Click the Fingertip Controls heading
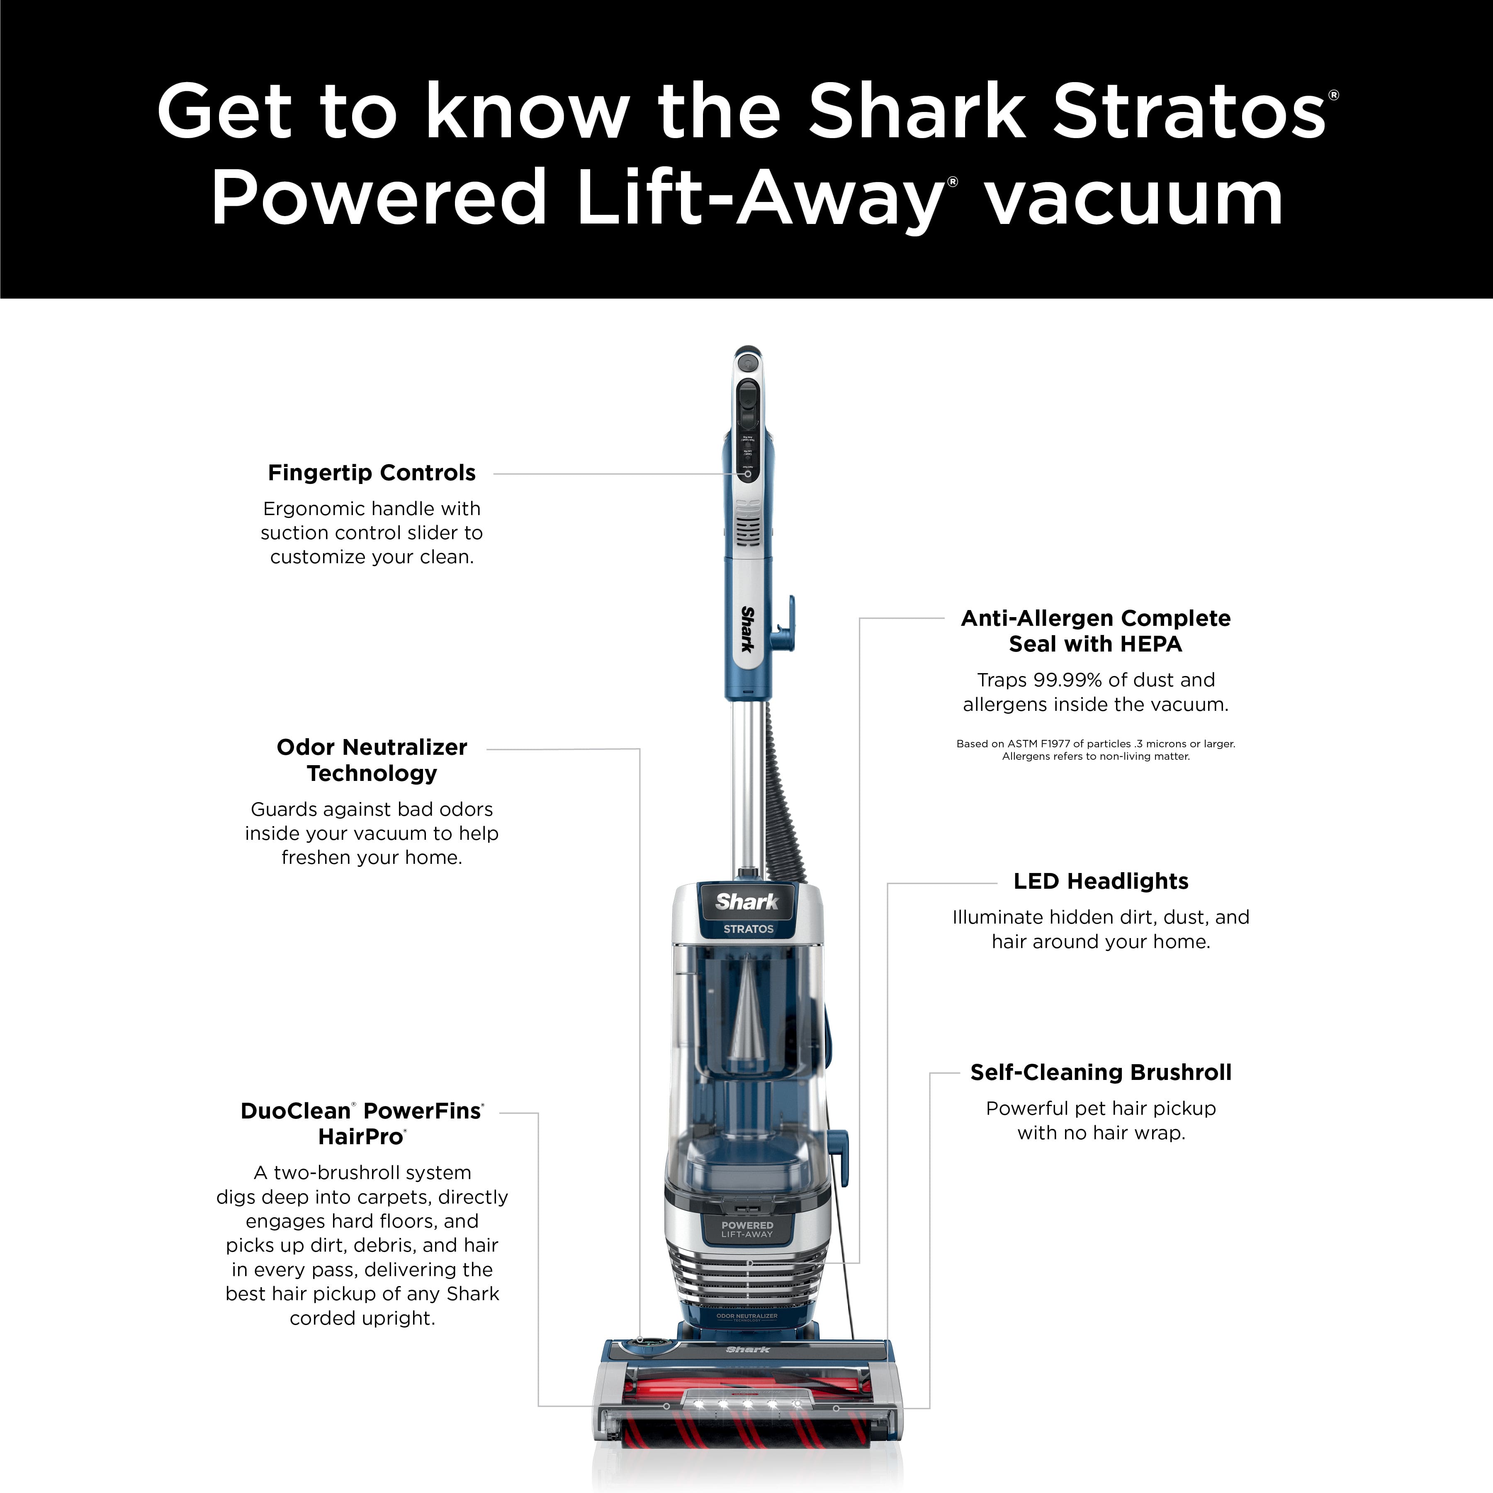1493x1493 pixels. click(x=372, y=473)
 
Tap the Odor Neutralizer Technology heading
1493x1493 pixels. click(x=372, y=760)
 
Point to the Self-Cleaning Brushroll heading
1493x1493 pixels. click(x=1100, y=1072)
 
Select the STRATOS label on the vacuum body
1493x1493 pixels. click(x=748, y=929)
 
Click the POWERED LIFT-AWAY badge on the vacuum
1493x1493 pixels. click(x=747, y=1229)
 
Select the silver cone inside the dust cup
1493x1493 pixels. click(x=747, y=1020)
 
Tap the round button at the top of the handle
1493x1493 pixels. click(x=746, y=362)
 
